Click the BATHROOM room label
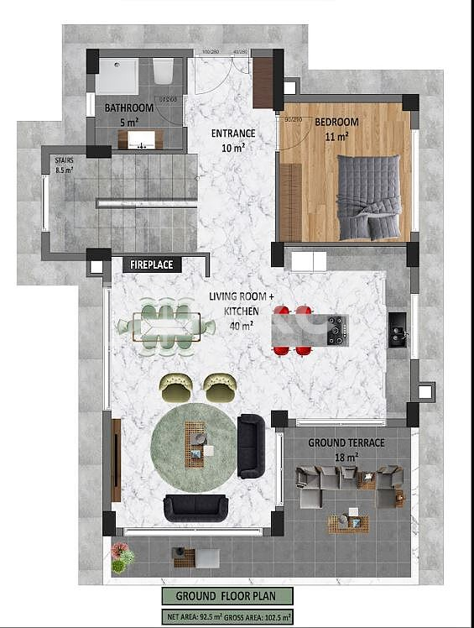128,108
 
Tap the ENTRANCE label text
232,133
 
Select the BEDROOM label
336,123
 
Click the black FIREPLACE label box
152,264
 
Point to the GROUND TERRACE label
346,442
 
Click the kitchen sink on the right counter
398,330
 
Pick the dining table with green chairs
166,325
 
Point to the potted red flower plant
122,555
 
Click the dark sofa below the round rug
195,506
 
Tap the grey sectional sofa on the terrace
348,485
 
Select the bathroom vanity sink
141,139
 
